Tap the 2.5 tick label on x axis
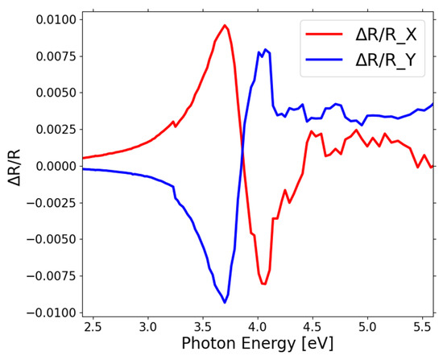[x=93, y=328]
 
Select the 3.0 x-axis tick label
[x=147, y=328]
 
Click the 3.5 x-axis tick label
[x=202, y=328]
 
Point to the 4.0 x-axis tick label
[x=258, y=328]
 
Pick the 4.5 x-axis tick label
[x=313, y=328]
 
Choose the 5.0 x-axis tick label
[x=367, y=328]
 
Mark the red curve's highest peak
[x=225, y=25]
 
